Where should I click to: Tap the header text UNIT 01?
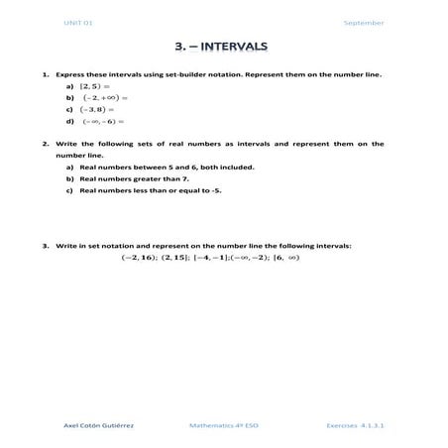click(77, 22)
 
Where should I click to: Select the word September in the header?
click(363, 22)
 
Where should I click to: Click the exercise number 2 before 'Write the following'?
click(45, 144)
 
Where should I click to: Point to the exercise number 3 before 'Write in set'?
click(45, 244)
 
